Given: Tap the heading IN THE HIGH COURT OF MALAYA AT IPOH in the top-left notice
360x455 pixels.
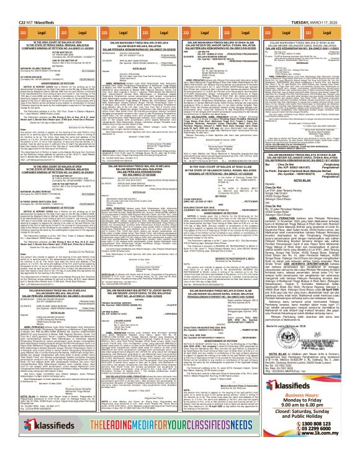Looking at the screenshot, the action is [x=45, y=22].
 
